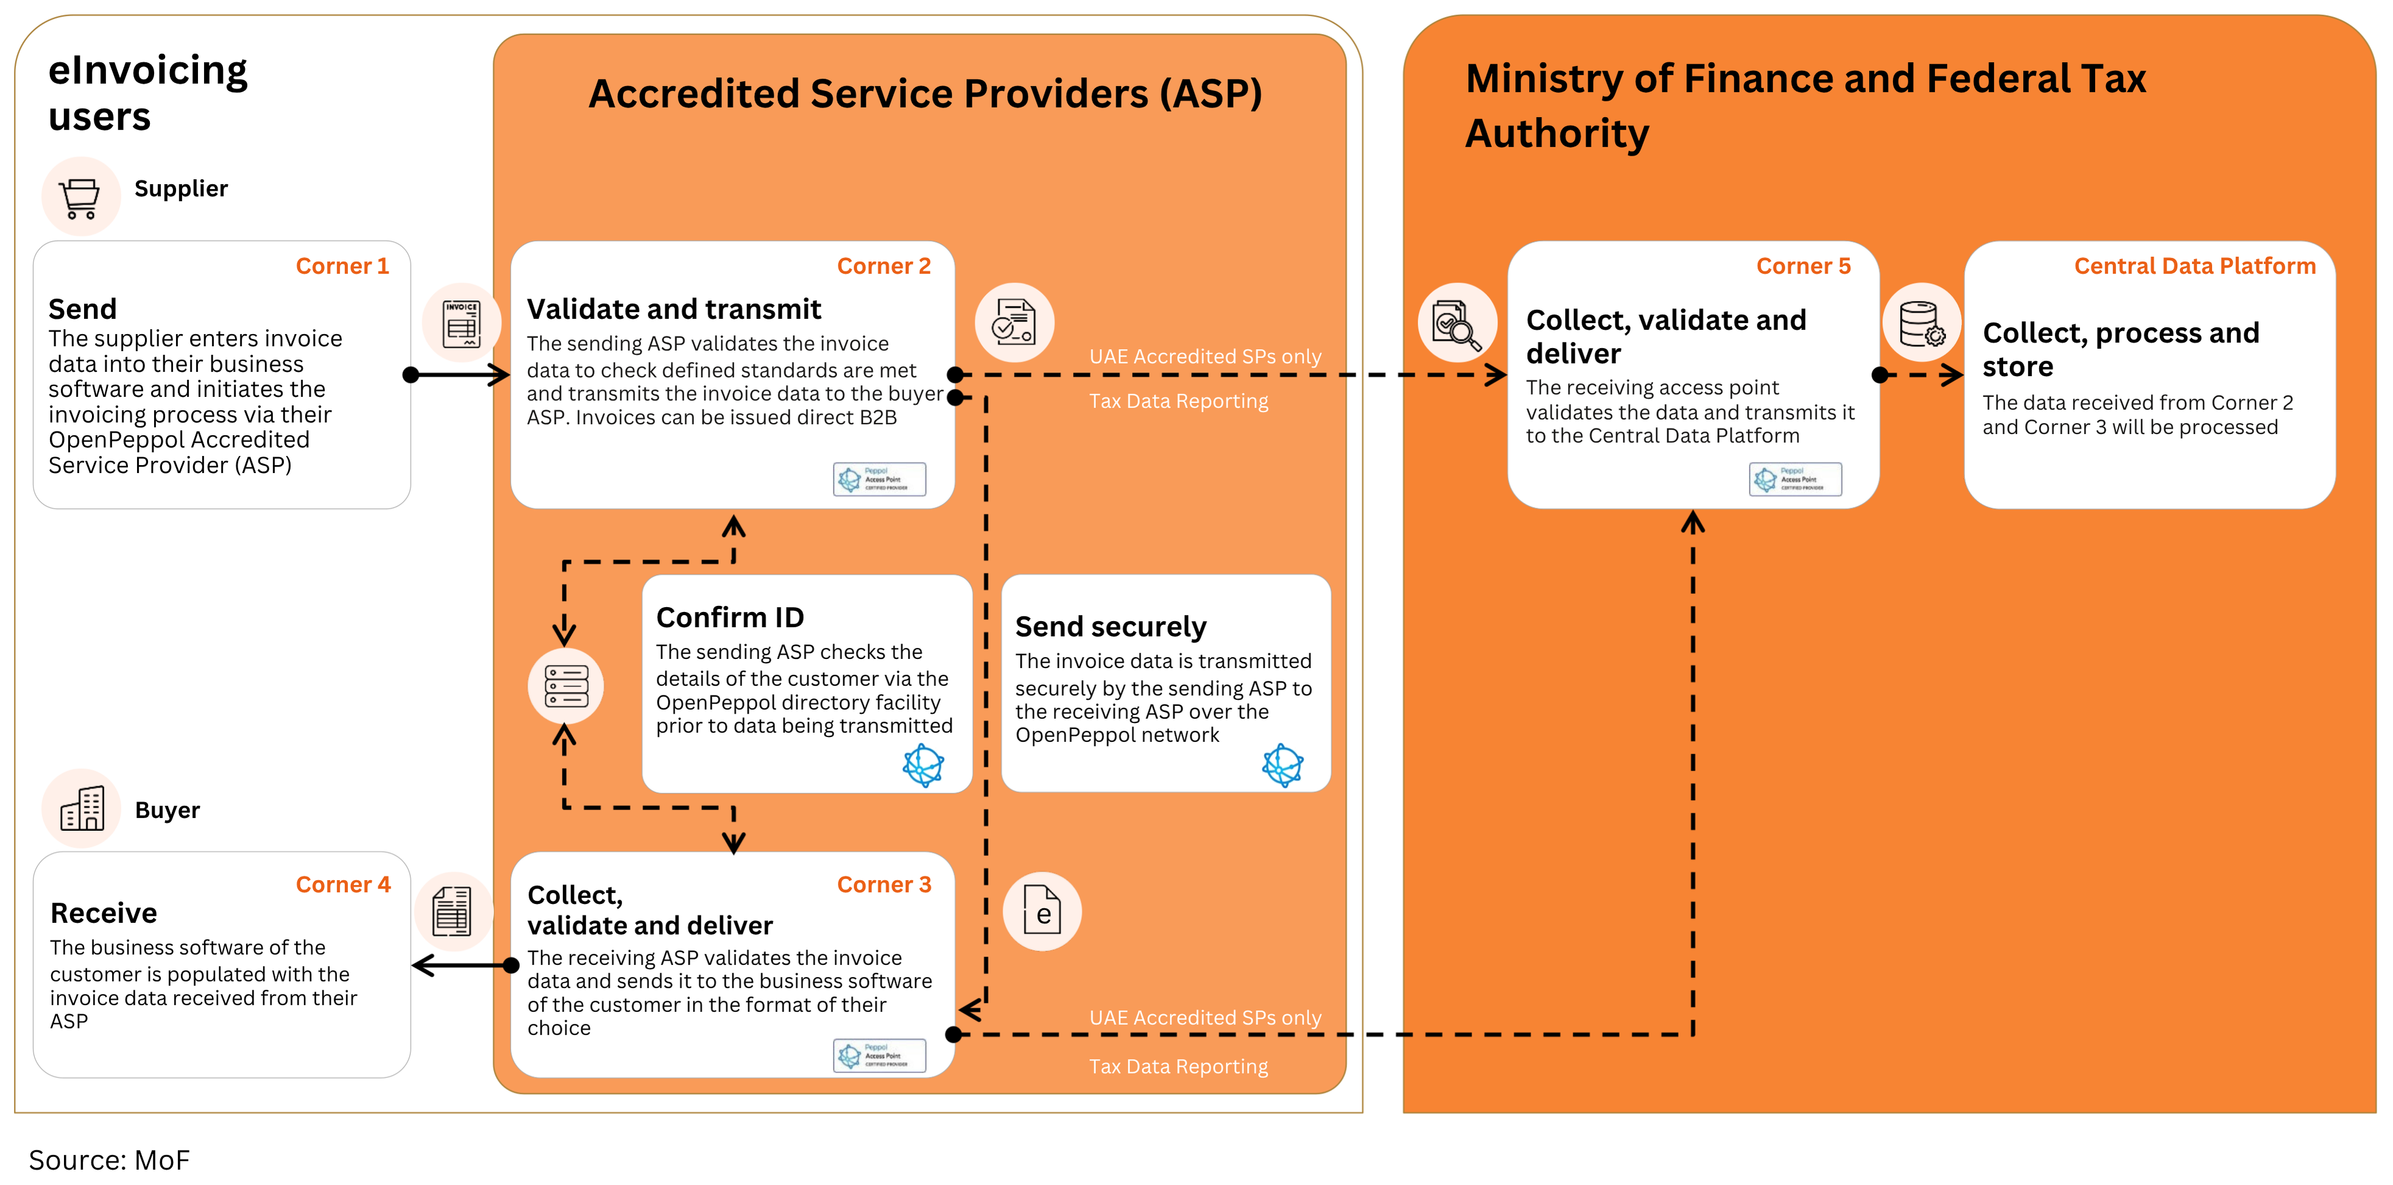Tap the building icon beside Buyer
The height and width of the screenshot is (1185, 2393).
click(x=82, y=808)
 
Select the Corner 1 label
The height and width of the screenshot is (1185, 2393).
click(x=342, y=267)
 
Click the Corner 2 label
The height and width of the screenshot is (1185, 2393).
click(x=883, y=267)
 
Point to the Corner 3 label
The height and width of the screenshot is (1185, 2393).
click(x=883, y=885)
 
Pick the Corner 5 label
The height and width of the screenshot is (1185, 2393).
click(x=1803, y=267)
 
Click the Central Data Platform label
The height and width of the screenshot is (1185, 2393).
click(x=2194, y=267)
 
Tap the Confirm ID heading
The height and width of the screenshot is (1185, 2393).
click(x=729, y=617)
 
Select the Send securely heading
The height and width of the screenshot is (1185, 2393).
click(x=1110, y=627)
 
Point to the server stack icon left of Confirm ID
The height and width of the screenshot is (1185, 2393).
click(x=566, y=686)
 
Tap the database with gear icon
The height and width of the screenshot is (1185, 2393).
click(x=1921, y=322)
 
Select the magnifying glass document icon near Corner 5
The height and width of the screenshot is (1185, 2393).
click(x=1455, y=322)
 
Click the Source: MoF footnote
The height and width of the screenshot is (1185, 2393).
click(x=108, y=1160)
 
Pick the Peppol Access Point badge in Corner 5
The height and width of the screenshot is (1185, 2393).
click(x=1795, y=480)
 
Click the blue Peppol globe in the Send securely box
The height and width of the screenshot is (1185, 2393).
click(x=1283, y=765)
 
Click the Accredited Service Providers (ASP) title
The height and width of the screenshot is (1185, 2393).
click(x=924, y=94)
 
